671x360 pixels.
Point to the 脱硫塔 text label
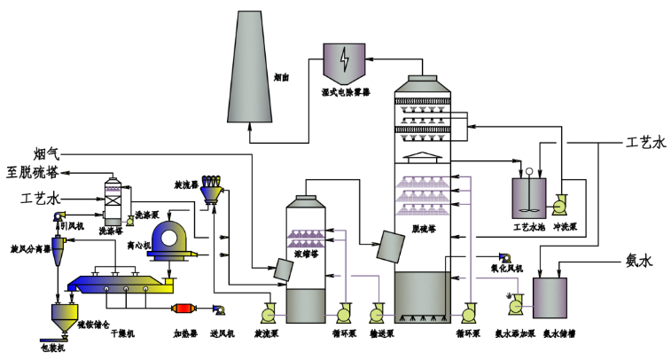coord(427,226)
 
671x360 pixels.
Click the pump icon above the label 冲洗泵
coord(561,205)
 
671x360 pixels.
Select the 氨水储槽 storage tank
coord(550,301)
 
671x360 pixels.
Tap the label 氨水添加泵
coord(513,334)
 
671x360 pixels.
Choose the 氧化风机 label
coord(507,268)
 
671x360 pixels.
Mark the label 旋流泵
coord(268,334)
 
